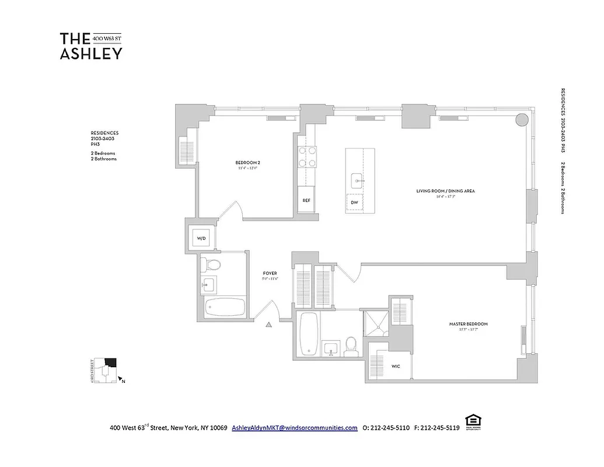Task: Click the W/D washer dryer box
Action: [201, 238]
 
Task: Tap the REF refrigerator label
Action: [306, 200]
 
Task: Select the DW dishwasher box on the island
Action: [354, 203]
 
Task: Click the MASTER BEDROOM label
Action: [468, 324]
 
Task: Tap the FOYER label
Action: [270, 273]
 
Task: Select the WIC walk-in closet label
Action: [395, 366]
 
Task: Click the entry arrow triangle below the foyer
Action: [269, 325]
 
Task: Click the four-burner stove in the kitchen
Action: [308, 156]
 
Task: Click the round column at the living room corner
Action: [522, 120]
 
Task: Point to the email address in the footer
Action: [295, 427]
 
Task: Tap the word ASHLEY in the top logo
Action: [91, 54]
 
